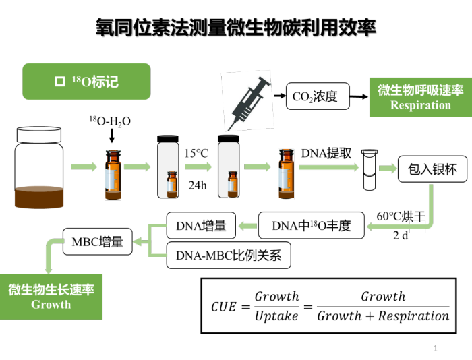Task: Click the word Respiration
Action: pos(420,105)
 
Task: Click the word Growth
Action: pos(51,305)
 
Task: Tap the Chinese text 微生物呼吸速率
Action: pos(420,90)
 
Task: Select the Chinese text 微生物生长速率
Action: pos(51,290)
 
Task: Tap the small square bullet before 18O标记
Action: pos(59,82)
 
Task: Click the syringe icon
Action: pos(247,101)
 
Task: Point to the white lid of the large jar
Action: pos(39,134)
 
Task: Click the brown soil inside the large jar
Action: pos(39,196)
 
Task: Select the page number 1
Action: pos(436,348)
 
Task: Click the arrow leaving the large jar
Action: pos(84,167)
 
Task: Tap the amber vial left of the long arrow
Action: pos(286,175)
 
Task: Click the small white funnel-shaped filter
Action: pos(369,170)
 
